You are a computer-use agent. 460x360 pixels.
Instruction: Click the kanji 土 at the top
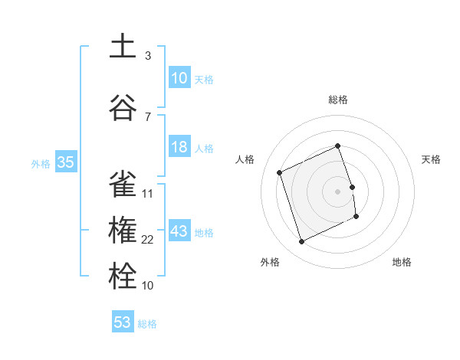[x=123, y=46]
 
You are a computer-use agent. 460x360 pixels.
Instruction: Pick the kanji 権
[x=123, y=231]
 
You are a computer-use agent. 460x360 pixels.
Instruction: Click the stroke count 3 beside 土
[x=148, y=56]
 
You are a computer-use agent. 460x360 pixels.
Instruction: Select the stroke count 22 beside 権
[x=147, y=240]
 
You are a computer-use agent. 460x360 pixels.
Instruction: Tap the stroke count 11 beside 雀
[x=147, y=194]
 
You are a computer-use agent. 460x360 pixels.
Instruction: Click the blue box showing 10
[x=179, y=77]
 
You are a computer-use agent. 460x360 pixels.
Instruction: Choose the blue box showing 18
[x=179, y=147]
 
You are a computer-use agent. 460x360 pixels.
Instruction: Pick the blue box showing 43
[x=179, y=231]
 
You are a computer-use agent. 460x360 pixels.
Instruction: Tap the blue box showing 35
[x=65, y=162]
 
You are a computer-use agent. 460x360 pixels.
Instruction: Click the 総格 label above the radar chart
[x=338, y=100]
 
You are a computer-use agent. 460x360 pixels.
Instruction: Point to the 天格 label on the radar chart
[x=432, y=159]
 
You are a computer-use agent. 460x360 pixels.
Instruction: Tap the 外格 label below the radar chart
[x=270, y=262]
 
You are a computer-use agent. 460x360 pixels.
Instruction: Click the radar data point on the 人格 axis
[x=280, y=172]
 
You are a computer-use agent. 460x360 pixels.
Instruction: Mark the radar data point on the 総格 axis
[x=338, y=146]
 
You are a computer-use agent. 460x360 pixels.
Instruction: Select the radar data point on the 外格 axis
[x=302, y=241]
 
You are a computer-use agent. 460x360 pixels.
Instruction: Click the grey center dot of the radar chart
[x=338, y=191]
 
